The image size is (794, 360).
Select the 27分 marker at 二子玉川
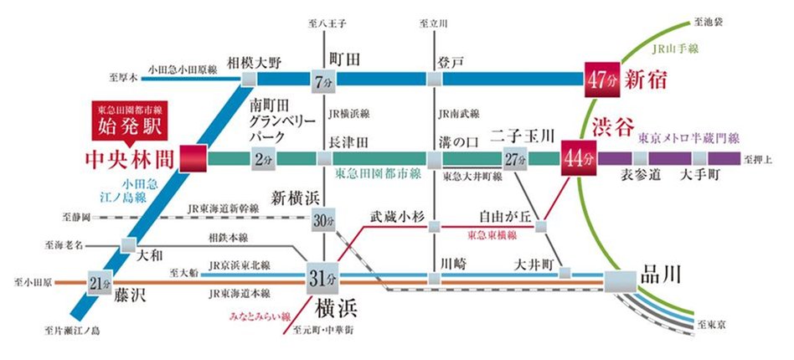(x=515, y=158)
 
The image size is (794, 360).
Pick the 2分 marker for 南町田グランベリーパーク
(x=260, y=158)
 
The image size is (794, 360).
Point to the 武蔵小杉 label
(x=399, y=214)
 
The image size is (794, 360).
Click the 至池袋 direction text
(x=708, y=14)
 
